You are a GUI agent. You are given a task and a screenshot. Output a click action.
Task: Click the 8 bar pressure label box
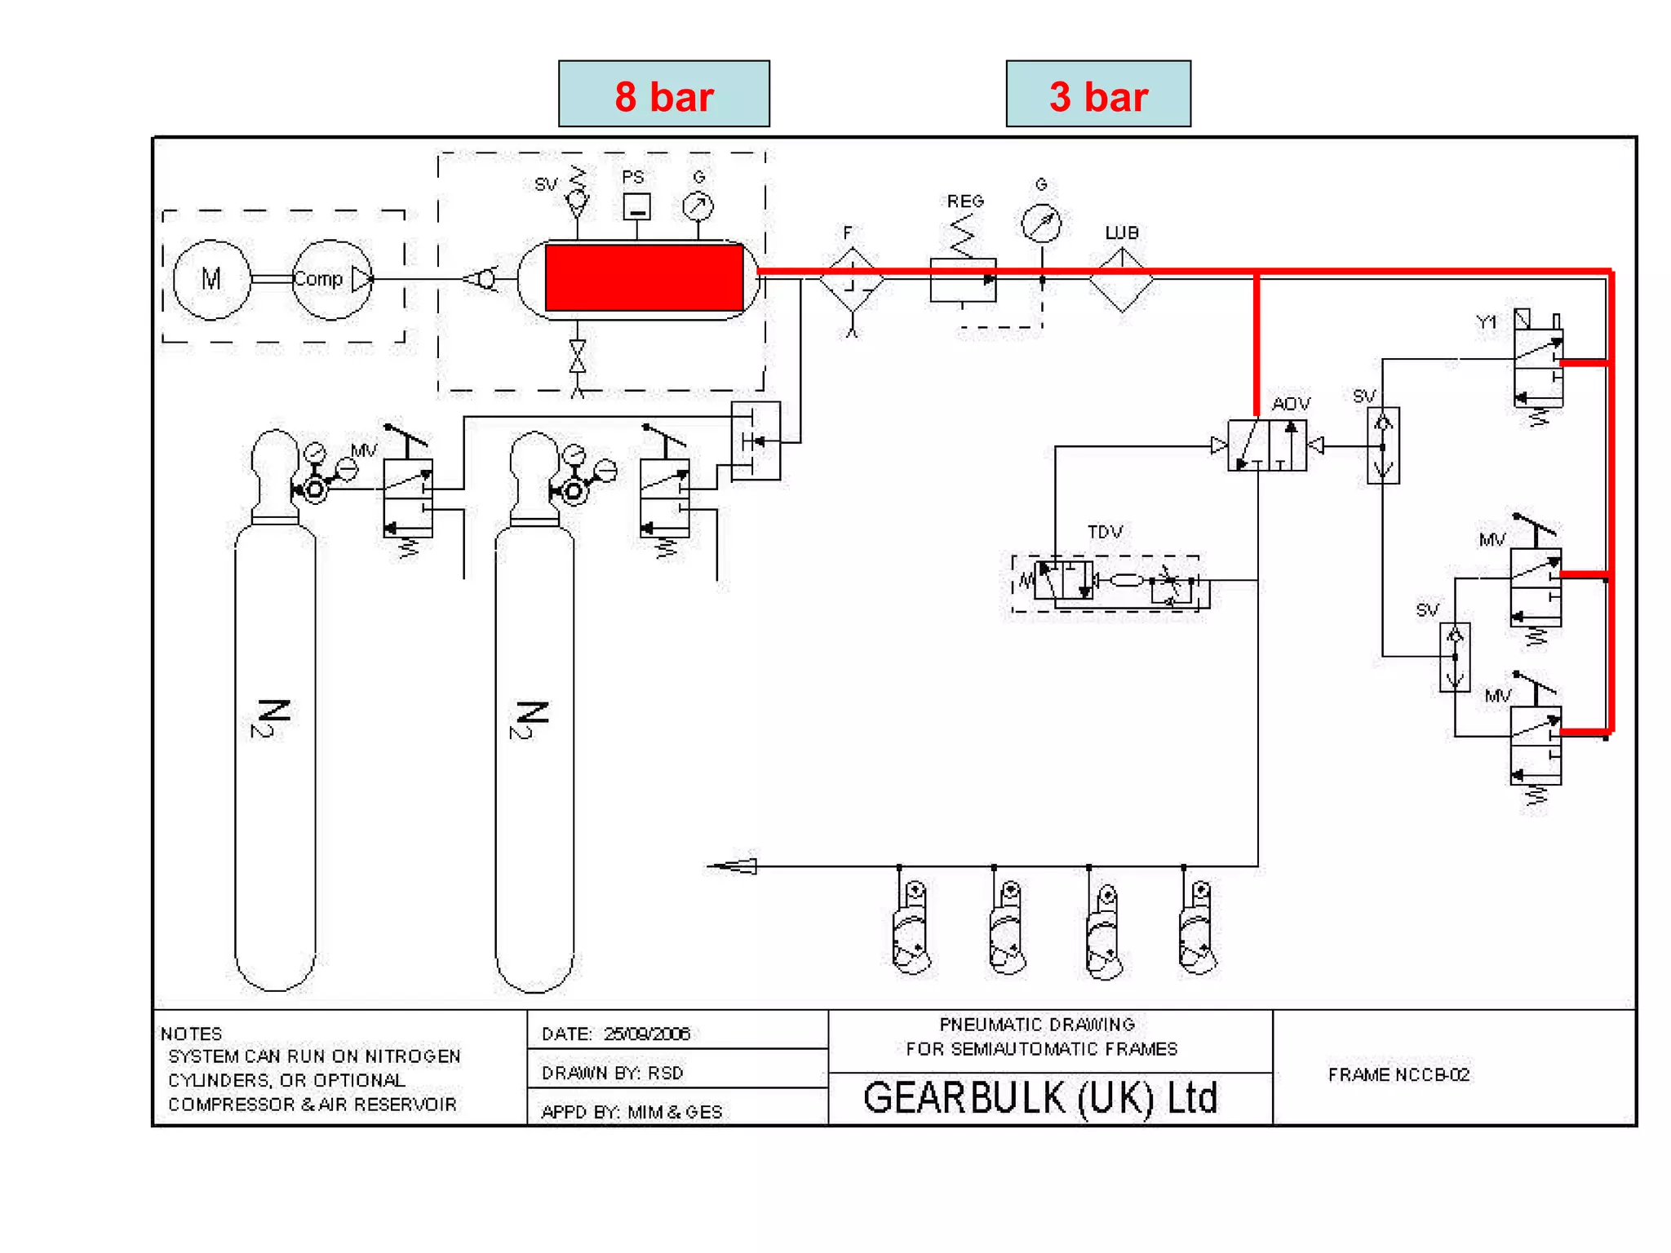(663, 94)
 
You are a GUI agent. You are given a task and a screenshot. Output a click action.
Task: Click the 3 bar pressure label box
(1097, 94)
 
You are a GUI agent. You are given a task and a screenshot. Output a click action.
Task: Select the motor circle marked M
(211, 279)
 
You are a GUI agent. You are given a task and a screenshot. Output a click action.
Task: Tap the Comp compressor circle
(331, 279)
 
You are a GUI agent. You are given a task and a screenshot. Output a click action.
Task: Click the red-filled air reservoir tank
(644, 278)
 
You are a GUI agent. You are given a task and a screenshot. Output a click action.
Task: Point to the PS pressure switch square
(636, 206)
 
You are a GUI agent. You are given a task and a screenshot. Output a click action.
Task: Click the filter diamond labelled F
(852, 281)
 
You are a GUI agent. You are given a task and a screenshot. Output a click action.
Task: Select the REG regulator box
(963, 280)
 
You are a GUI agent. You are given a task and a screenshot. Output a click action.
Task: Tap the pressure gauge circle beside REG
(1041, 223)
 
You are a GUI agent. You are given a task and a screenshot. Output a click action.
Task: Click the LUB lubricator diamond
(1121, 280)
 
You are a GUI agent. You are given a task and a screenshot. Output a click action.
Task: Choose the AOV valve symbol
(1266, 445)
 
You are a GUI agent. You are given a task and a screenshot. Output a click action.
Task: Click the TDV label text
(1105, 532)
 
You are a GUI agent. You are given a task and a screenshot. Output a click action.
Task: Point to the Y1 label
(1487, 323)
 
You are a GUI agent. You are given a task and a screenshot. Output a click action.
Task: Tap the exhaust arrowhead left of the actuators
(734, 866)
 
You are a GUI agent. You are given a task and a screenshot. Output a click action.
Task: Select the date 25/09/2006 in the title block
(647, 1034)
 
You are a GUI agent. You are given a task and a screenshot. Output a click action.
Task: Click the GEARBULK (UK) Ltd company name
(1040, 1098)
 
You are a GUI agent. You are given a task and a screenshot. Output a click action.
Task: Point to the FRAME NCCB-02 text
(1398, 1074)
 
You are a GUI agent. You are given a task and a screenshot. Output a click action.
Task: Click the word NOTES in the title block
(191, 1034)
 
